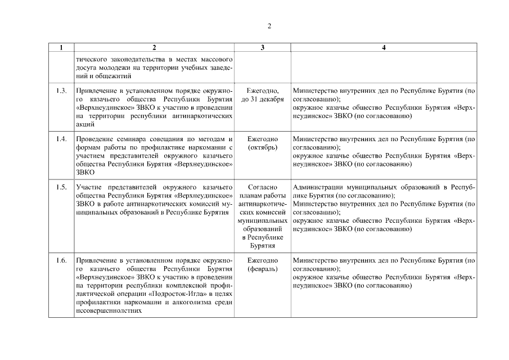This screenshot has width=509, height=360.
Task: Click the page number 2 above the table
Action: tap(270, 26)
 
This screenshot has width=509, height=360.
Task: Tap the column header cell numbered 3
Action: tap(262, 48)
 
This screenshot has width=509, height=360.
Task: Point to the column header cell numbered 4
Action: tap(384, 48)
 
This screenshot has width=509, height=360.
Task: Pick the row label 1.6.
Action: tap(61, 261)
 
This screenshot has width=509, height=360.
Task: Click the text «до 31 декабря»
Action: tap(262, 99)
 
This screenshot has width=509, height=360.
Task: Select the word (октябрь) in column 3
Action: tap(262, 147)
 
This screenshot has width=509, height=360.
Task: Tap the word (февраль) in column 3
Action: tap(262, 269)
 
